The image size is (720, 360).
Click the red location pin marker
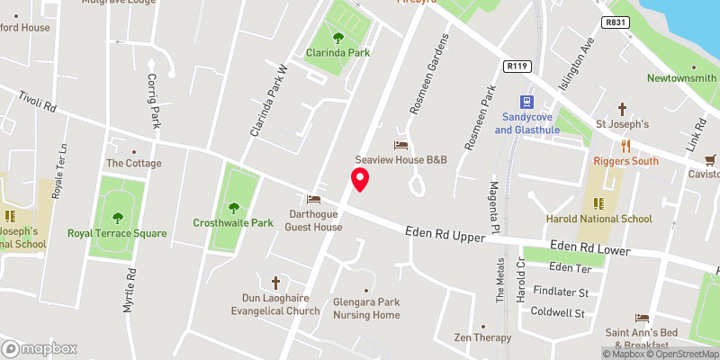360,180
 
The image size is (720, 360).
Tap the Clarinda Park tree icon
338,38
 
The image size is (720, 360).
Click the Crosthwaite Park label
233,222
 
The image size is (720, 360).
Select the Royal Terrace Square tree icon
117,217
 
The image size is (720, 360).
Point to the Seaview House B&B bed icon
401,145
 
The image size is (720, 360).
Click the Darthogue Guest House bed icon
314,200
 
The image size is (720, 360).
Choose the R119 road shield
517,66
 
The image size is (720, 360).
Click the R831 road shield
616,22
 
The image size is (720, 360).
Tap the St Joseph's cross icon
621,108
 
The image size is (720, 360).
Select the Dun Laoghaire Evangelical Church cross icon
276,282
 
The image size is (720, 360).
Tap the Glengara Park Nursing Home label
366,309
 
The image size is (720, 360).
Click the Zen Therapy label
482,337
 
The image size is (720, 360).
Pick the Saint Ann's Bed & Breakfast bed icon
642,319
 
